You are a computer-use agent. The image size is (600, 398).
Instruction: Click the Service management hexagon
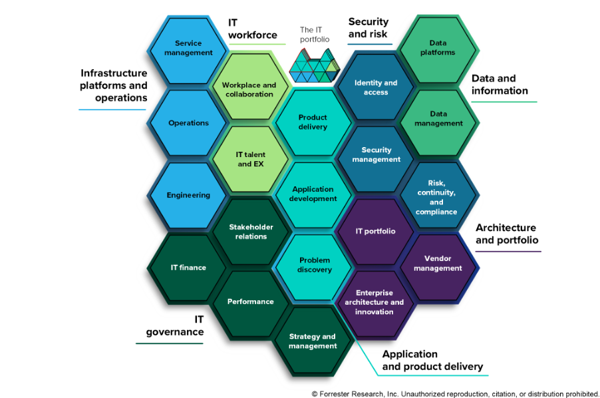click(x=188, y=48)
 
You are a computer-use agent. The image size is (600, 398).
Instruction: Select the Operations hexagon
click(x=188, y=123)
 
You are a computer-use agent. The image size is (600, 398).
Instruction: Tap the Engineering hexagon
click(x=188, y=195)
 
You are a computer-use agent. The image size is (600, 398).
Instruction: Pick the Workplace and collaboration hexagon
click(x=249, y=90)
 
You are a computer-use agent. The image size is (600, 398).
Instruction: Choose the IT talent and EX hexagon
click(x=250, y=159)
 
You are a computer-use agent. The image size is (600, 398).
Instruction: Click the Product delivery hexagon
click(x=313, y=122)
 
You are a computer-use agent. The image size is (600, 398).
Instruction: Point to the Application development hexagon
click(x=313, y=194)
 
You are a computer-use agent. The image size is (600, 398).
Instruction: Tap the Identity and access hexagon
click(x=376, y=87)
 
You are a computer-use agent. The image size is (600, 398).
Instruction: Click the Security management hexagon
click(x=376, y=154)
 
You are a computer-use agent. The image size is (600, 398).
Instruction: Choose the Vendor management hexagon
click(x=438, y=263)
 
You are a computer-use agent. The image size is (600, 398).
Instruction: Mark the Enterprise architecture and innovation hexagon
click(x=375, y=302)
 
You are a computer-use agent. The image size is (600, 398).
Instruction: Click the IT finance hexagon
click(x=188, y=268)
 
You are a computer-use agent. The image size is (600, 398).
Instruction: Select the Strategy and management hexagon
click(x=313, y=341)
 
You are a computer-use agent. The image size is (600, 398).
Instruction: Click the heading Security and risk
click(x=369, y=28)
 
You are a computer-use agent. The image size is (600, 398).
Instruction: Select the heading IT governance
click(x=176, y=325)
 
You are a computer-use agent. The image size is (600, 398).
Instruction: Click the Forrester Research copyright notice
click(x=455, y=393)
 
